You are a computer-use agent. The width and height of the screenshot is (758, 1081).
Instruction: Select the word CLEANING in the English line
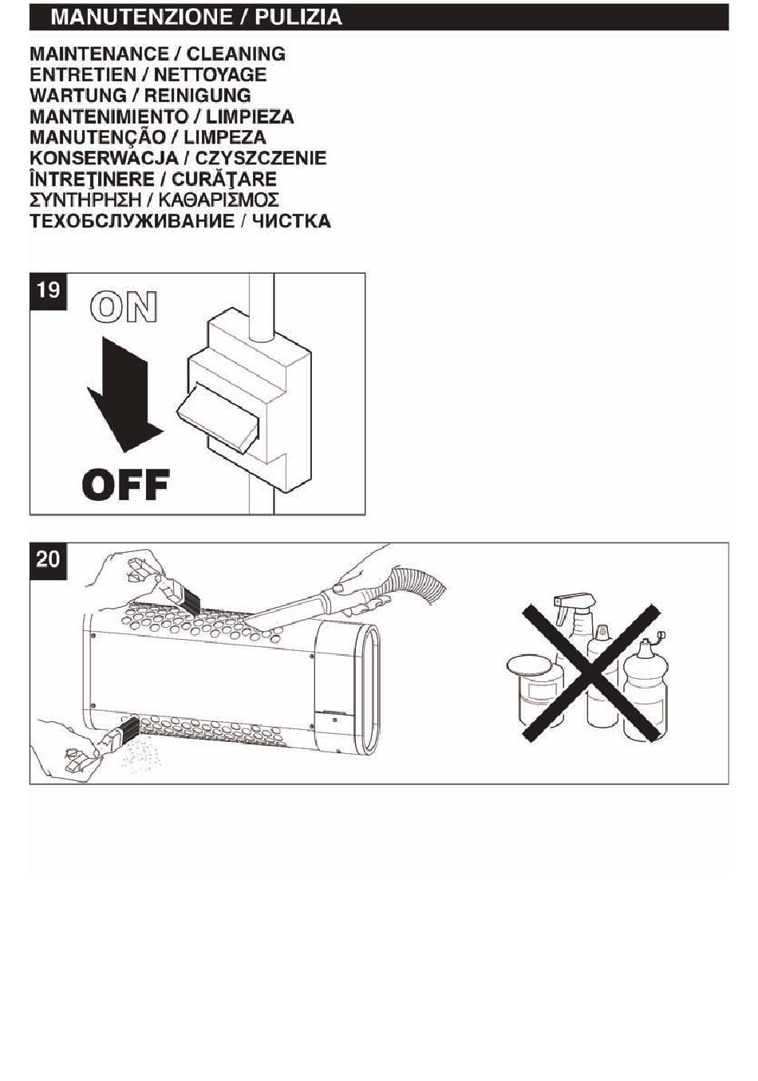235,54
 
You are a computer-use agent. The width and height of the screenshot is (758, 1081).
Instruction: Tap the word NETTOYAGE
210,75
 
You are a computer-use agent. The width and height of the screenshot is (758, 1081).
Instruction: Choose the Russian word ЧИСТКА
291,221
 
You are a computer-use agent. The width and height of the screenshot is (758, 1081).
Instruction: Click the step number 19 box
48,290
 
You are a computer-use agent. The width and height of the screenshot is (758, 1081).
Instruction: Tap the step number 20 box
48,558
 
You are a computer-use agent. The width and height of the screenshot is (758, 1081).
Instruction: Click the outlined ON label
124,307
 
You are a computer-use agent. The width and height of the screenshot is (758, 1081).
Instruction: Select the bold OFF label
126,484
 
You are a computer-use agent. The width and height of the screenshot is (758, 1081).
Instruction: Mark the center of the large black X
592,672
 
